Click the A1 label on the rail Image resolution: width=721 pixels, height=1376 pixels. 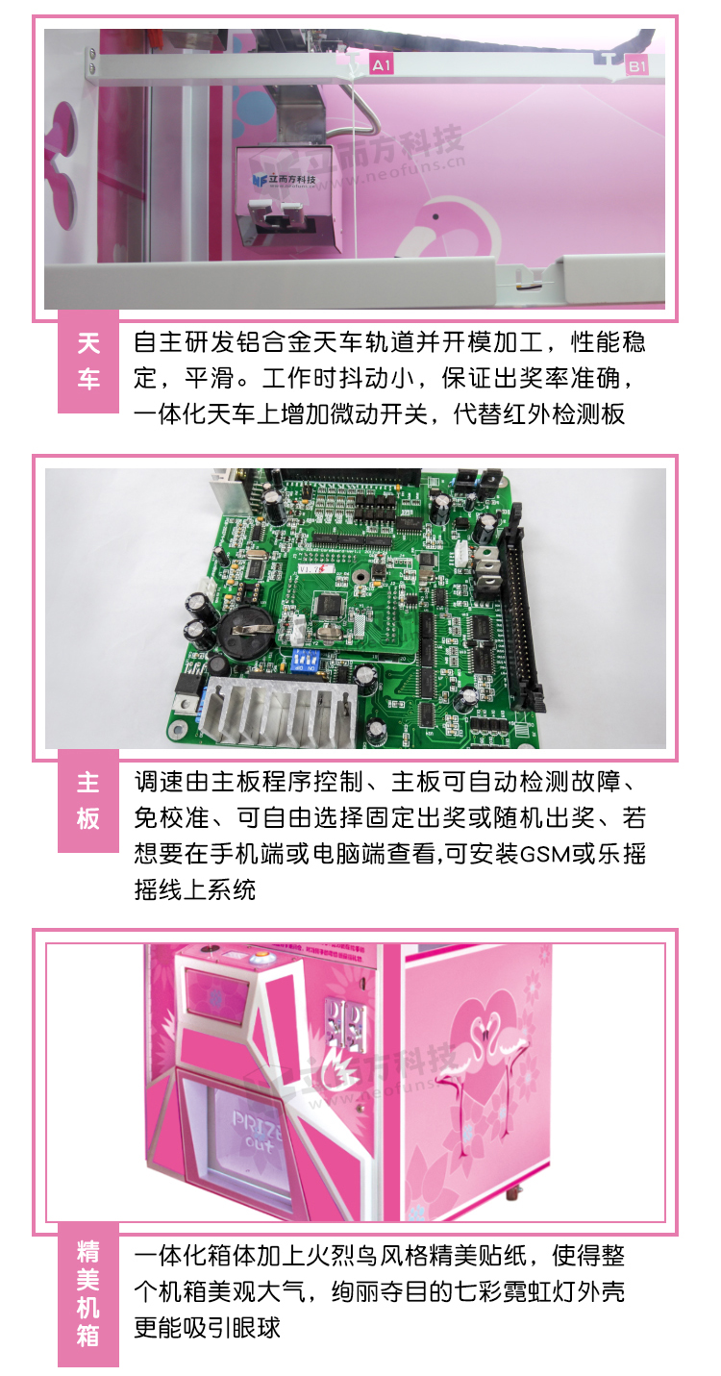382,65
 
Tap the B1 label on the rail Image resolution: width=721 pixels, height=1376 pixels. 637,65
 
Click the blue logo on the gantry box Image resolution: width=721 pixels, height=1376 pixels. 257,179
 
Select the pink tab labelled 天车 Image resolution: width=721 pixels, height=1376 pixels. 88,362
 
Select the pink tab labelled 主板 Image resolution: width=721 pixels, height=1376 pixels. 88,801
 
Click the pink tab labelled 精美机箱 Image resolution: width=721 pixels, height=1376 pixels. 88,1293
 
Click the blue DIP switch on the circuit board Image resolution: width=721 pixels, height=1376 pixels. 309,656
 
